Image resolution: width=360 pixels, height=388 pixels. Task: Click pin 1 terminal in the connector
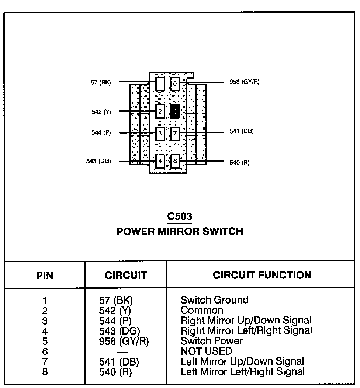coord(160,84)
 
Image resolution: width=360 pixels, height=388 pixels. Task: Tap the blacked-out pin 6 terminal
coord(175,111)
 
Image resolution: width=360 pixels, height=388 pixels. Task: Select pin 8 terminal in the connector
coord(175,161)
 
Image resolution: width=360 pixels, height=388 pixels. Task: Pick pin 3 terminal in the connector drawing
coord(160,134)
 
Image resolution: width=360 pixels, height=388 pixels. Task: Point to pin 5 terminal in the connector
coord(175,84)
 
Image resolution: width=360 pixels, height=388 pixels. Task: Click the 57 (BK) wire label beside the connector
coord(100,82)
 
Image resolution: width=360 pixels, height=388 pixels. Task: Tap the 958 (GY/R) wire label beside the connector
coord(244,82)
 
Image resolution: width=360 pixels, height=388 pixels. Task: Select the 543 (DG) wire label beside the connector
coord(98,161)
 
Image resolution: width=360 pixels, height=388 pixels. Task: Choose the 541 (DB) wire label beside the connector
coord(241,131)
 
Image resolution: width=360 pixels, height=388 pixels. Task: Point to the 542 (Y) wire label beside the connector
coord(101,111)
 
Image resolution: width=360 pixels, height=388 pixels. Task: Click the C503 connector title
coord(180,216)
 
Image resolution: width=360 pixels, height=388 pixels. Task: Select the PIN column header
coord(45,275)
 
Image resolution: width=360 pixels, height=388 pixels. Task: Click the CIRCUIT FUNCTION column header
coord(262,275)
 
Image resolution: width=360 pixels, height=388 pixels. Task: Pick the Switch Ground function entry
coord(214,300)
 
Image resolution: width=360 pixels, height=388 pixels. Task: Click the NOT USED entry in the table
coord(206,351)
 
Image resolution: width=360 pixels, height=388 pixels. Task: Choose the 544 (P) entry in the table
coord(115,321)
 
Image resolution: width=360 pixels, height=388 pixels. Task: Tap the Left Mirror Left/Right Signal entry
coord(243,372)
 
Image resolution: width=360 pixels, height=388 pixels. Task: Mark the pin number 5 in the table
coord(45,341)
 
